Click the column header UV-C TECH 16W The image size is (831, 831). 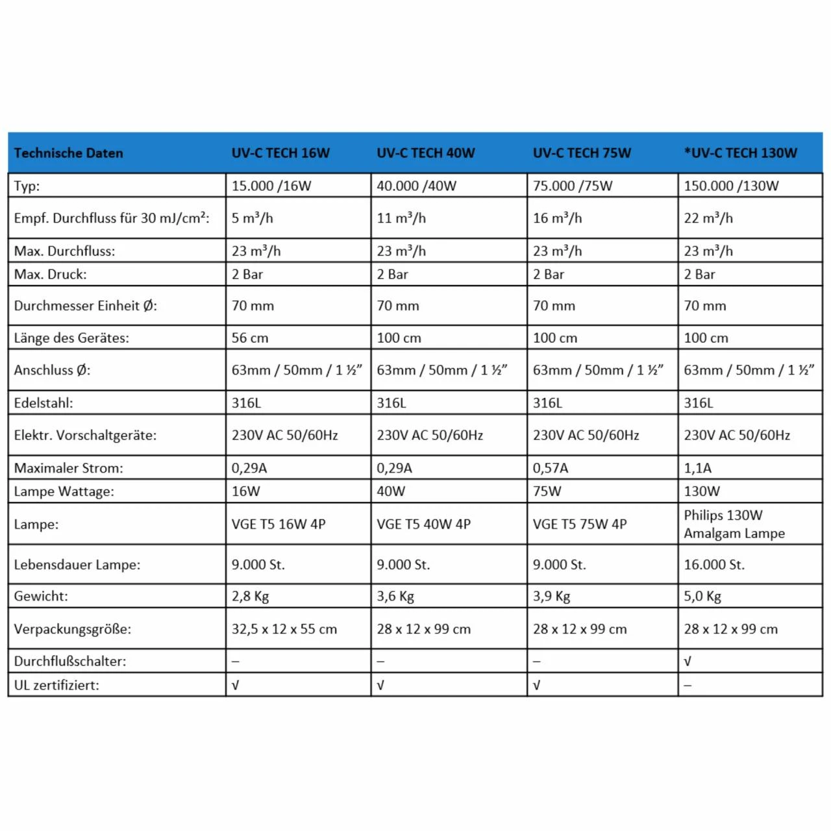click(x=280, y=153)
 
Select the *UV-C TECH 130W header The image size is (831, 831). click(x=740, y=153)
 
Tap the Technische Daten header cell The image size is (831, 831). click(x=68, y=153)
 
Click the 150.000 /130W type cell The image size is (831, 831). click(x=731, y=186)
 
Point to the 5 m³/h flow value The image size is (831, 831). click(x=253, y=218)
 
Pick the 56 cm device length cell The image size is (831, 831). click(x=250, y=338)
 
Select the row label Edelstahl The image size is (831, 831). click(x=43, y=403)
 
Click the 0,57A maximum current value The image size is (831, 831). click(x=551, y=467)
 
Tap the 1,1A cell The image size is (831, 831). click(x=698, y=467)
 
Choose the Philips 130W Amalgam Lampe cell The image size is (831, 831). click(x=734, y=524)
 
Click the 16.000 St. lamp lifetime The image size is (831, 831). click(x=714, y=564)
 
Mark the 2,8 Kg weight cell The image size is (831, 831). click(x=250, y=596)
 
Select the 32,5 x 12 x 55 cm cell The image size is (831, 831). click(x=284, y=628)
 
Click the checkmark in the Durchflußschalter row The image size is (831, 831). click(x=688, y=661)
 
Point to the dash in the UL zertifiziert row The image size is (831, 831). click(x=688, y=685)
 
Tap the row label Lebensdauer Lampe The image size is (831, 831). click(x=77, y=564)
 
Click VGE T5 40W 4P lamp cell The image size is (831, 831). click(x=423, y=524)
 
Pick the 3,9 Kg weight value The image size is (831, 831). click(x=551, y=596)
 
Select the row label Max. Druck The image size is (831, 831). click(x=50, y=274)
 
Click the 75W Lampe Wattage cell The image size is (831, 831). click(x=547, y=491)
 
